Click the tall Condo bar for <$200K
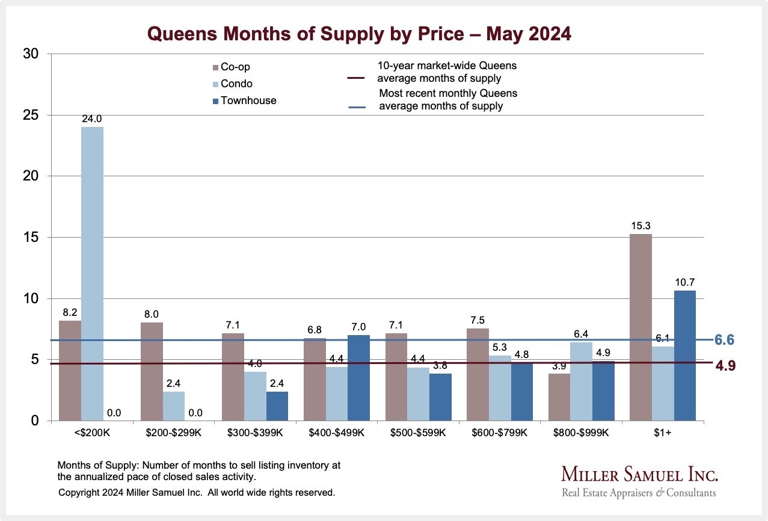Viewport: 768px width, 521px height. click(x=92, y=274)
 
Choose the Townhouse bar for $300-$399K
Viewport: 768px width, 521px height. click(x=277, y=406)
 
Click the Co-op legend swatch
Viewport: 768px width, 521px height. click(x=215, y=67)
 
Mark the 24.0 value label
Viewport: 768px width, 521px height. click(x=92, y=119)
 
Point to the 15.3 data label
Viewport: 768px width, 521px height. click(x=640, y=226)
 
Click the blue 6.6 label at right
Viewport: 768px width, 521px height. click(x=725, y=341)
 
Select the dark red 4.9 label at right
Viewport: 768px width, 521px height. click(x=725, y=365)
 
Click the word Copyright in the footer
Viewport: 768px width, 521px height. click(x=79, y=493)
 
